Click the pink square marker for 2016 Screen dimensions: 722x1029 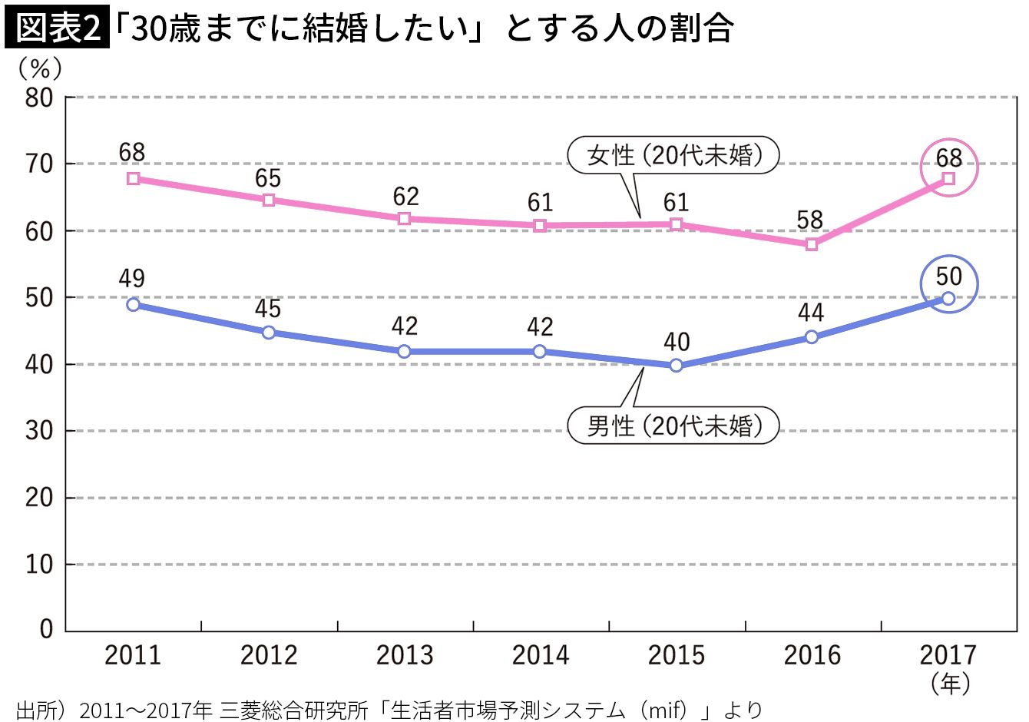pyautogui.click(x=812, y=244)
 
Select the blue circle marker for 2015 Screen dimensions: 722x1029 pyautogui.click(x=676, y=366)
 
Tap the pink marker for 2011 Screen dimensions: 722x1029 pyautogui.click(x=133, y=178)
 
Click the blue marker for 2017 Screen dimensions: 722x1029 pyautogui.click(x=948, y=298)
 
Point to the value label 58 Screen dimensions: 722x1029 pyautogui.click(x=810, y=220)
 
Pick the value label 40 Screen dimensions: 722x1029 pyautogui.click(x=677, y=342)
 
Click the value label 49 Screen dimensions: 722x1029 pyautogui.click(x=132, y=278)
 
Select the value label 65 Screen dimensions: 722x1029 pyautogui.click(x=268, y=178)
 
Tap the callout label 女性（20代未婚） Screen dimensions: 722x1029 pyautogui.click(x=673, y=155)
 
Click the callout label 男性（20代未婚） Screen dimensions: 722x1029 pyautogui.click(x=673, y=426)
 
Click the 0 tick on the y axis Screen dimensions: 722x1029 pyautogui.click(x=47, y=630)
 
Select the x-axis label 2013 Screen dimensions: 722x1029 pyautogui.click(x=405, y=655)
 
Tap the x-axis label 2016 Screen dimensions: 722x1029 pyautogui.click(x=812, y=655)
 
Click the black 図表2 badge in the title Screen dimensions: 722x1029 pyautogui.click(x=57, y=28)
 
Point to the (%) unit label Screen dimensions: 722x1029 pyautogui.click(x=39, y=69)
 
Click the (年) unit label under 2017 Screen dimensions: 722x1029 pyautogui.click(x=949, y=683)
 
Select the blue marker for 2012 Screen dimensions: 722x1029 pyautogui.click(x=269, y=333)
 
